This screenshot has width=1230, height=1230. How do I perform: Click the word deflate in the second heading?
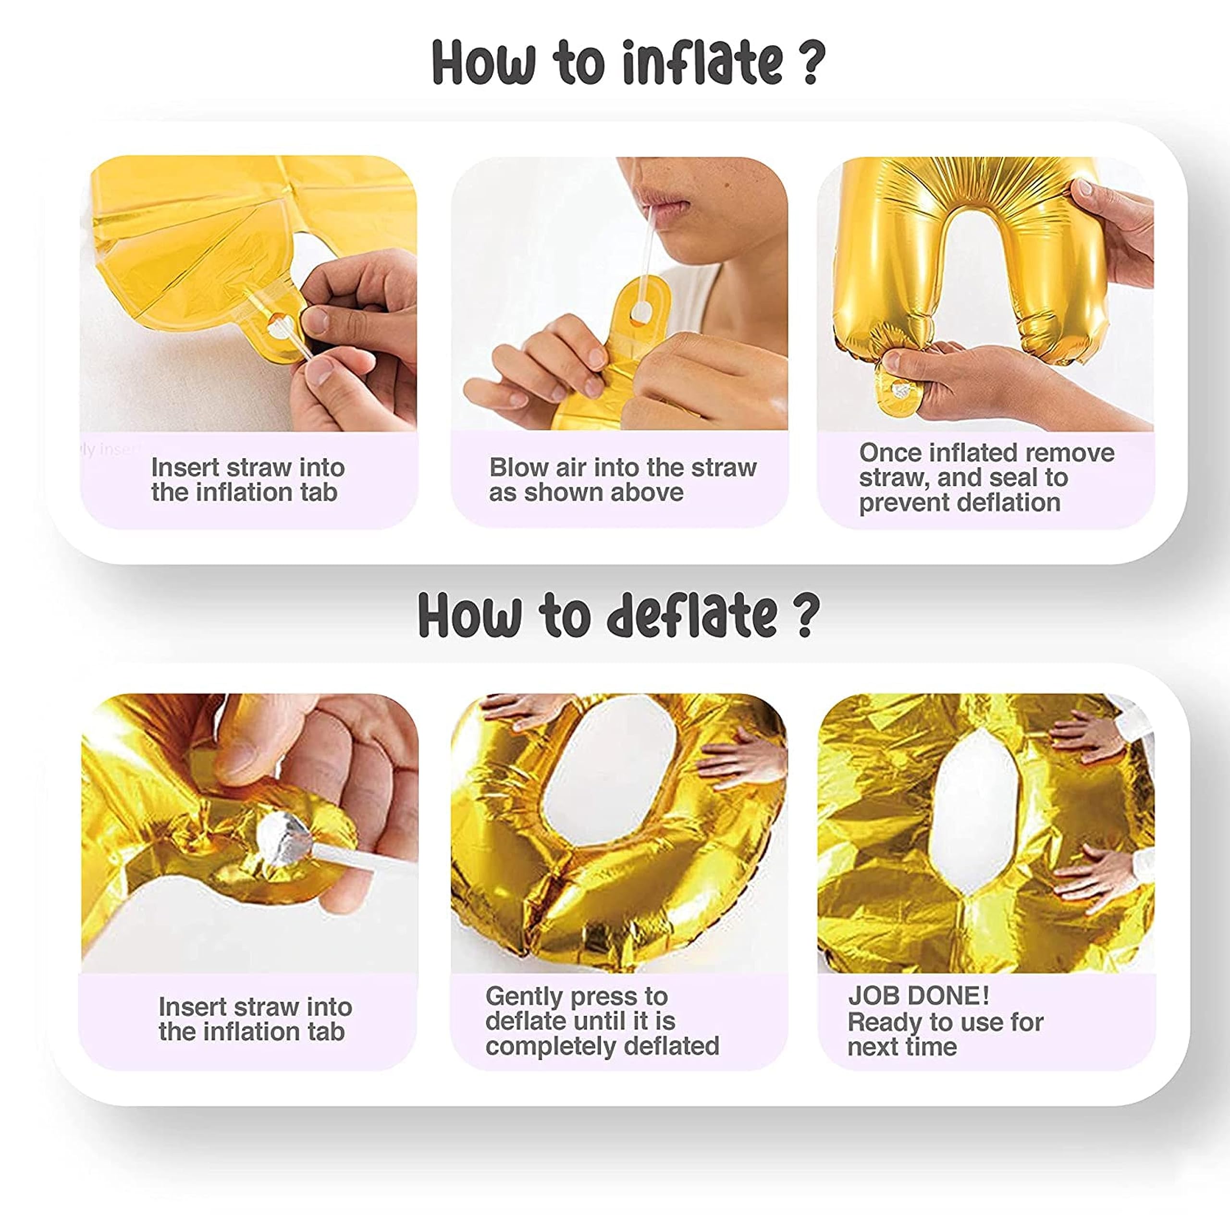tap(693, 615)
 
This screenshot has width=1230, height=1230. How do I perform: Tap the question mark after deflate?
tap(805, 615)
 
